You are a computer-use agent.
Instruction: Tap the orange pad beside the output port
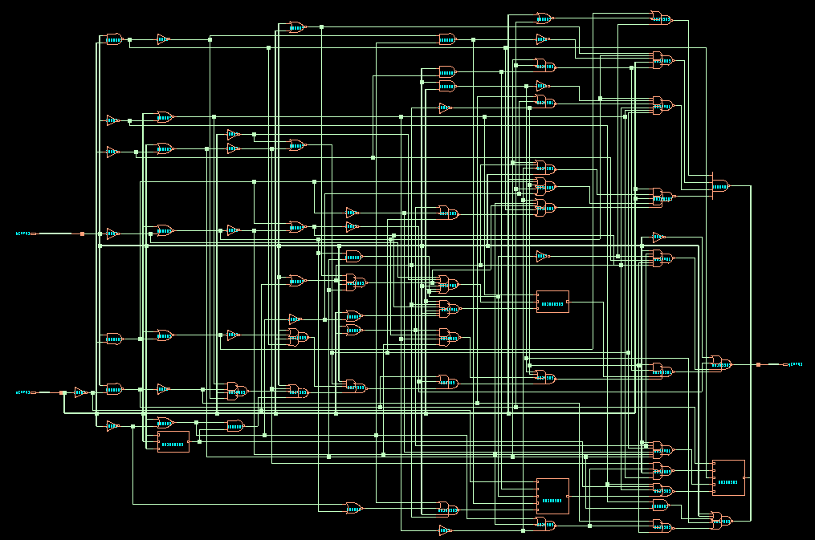pos(758,365)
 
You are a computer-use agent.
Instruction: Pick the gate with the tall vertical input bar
pos(720,186)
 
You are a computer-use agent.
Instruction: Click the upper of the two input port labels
pos(23,233)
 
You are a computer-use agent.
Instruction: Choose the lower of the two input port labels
pos(23,392)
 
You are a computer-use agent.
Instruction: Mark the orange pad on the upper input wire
pos(82,233)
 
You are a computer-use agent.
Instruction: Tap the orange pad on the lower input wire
pos(63,392)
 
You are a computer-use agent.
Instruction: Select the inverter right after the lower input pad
pos(80,392)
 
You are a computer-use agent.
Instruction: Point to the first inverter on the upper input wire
pos(112,234)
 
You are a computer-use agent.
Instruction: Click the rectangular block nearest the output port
pos(727,477)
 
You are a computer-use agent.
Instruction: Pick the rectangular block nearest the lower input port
pos(173,441)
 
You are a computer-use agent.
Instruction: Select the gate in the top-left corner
pos(114,39)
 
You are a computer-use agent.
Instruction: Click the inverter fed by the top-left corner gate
pos(162,39)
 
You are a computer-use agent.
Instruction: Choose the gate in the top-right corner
pos(660,18)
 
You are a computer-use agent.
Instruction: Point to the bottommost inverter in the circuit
pos(445,530)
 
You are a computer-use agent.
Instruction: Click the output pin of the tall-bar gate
pos(731,186)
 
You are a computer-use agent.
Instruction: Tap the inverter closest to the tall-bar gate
pos(658,237)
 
